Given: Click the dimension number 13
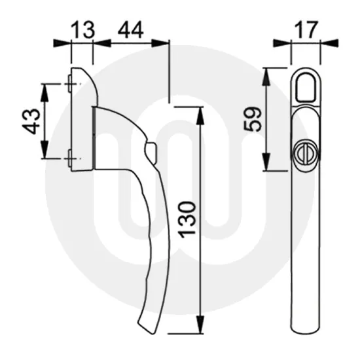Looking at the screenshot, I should click(x=82, y=29).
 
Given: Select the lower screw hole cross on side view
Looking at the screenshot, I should click(x=70, y=158).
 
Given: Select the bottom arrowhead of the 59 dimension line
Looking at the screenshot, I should click(x=266, y=166).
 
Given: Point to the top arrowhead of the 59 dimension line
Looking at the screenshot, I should click(x=266, y=71).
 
